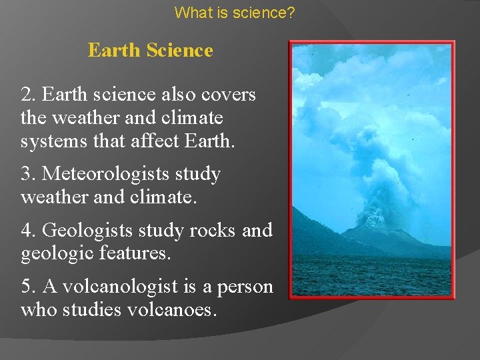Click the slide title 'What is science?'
point(235,12)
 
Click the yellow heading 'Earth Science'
point(150,51)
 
